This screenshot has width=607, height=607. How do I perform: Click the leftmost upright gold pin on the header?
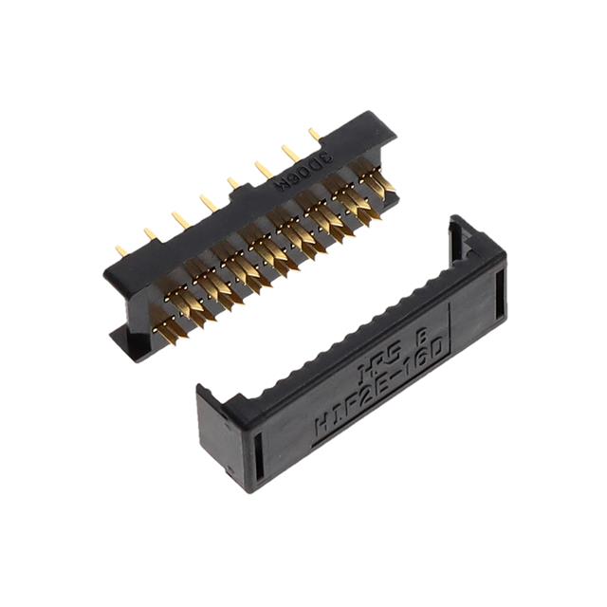(120, 251)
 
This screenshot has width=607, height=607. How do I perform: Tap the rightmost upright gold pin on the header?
(314, 135)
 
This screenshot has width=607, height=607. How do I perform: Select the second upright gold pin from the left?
(150, 234)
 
